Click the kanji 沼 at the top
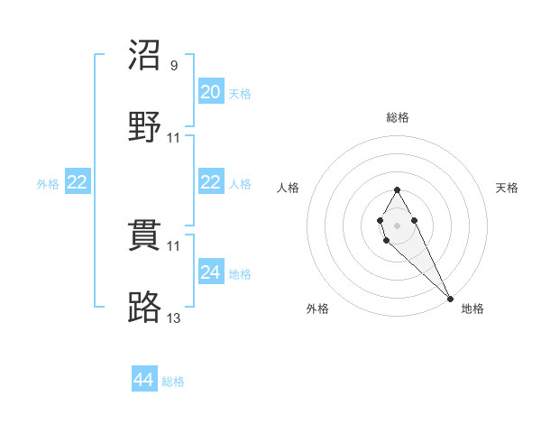146,56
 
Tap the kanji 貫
146,236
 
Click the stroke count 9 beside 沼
174,66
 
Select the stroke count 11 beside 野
174,138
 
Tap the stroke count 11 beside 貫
174,245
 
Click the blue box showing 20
211,92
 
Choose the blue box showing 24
211,272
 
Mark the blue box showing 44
144,380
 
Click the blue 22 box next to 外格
78,182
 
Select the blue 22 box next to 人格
211,182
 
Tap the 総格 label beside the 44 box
173,382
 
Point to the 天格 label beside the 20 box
239,94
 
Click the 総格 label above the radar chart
397,117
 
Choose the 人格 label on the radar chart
289,188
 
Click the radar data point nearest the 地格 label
450,298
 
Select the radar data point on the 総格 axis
397,189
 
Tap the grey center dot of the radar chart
397,224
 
